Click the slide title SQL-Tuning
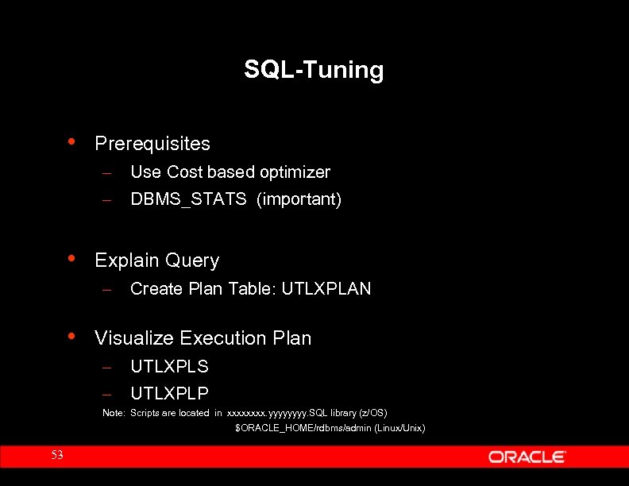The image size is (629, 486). pyautogui.click(x=314, y=70)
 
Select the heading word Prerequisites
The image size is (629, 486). pyautogui.click(x=152, y=144)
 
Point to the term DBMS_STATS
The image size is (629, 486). pyautogui.click(x=188, y=199)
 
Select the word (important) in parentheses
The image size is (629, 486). pyautogui.click(x=299, y=199)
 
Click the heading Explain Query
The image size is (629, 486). pyautogui.click(x=156, y=260)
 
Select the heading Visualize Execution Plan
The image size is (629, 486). pyautogui.click(x=203, y=338)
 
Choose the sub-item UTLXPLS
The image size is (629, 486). pyautogui.click(x=169, y=367)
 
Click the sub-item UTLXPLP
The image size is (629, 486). pyautogui.click(x=169, y=392)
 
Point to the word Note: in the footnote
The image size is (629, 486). pyautogui.click(x=114, y=413)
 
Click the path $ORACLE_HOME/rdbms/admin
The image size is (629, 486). pyautogui.click(x=293, y=429)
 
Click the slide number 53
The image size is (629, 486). pyautogui.click(x=56, y=455)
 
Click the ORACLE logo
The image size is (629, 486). pyautogui.click(x=527, y=457)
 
